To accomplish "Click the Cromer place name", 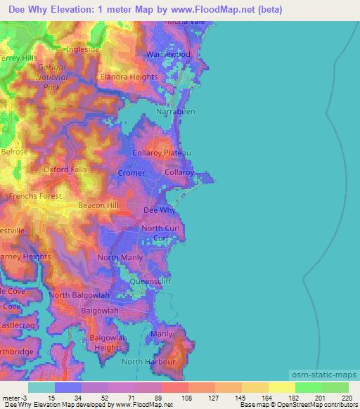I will point(131,173).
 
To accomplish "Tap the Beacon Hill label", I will point(96,204).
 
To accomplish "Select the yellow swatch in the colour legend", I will point(281,387).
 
